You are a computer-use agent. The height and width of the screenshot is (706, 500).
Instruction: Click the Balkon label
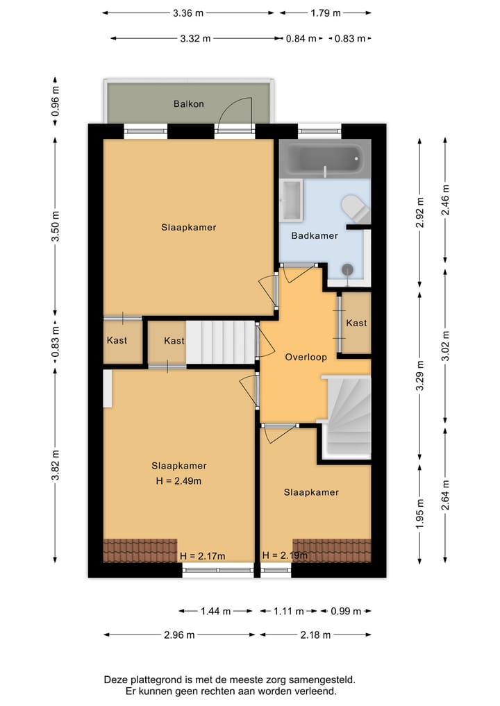pyautogui.click(x=188, y=104)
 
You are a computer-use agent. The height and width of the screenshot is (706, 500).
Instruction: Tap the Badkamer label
pyautogui.click(x=315, y=236)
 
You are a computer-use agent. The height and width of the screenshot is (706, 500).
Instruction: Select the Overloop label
pyautogui.click(x=305, y=357)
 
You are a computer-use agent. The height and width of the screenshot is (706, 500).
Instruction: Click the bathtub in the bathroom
pyautogui.click(x=324, y=160)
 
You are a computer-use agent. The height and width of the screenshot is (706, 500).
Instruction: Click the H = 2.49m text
pyautogui.click(x=179, y=480)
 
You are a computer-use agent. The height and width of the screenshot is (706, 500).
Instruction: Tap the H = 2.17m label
pyautogui.click(x=202, y=556)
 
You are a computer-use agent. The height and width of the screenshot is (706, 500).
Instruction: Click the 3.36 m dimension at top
pyautogui.click(x=187, y=12)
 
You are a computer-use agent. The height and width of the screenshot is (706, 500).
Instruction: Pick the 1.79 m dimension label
pyautogui.click(x=325, y=12)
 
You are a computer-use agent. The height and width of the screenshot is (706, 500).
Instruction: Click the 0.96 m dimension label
pyautogui.click(x=56, y=102)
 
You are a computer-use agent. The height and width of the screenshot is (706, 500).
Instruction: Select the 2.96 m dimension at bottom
pyautogui.click(x=179, y=634)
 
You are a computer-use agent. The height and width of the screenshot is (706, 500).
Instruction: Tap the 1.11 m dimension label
pyautogui.click(x=289, y=612)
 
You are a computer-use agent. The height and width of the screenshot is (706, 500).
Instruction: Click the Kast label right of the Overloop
pyautogui.click(x=356, y=323)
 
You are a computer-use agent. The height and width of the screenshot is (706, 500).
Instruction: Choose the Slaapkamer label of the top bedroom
pyautogui.click(x=188, y=228)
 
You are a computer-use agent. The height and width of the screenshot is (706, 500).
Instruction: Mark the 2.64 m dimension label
pyautogui.click(x=446, y=494)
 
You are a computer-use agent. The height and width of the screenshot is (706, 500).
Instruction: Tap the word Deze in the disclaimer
pyautogui.click(x=116, y=680)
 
